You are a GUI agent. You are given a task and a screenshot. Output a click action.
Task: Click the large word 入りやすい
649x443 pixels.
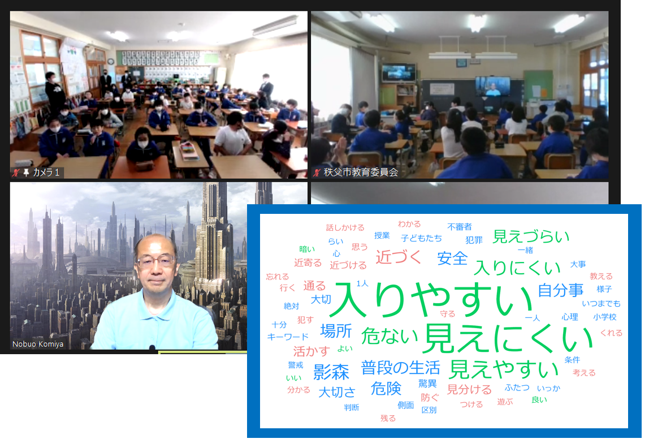point(432,299)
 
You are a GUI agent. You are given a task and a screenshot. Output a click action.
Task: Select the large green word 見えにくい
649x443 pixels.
point(509,338)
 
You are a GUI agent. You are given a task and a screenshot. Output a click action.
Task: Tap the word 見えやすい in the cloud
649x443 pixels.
point(504,369)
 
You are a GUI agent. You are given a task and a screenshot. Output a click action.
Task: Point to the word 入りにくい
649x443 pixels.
point(517,268)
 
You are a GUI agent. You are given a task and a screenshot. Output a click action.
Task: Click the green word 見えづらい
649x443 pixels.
point(531,236)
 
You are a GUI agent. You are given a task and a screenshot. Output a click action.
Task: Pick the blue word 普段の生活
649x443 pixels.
point(400,368)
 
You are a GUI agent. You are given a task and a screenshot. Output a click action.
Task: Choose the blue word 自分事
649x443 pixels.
point(560,290)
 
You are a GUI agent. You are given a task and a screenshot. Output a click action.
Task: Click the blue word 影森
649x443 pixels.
point(331,372)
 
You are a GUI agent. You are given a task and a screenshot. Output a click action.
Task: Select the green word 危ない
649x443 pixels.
point(390,336)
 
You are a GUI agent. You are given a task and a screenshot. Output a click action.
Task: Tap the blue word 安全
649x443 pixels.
point(452,258)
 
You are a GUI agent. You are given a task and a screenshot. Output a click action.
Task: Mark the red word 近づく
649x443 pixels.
point(398,257)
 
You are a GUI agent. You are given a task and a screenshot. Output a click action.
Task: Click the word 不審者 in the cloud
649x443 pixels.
point(460,227)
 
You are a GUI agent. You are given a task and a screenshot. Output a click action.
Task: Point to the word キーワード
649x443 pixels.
point(288,337)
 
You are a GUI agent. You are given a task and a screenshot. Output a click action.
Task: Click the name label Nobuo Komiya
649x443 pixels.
point(38,344)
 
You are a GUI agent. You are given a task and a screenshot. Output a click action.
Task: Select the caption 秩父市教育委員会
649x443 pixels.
point(361,172)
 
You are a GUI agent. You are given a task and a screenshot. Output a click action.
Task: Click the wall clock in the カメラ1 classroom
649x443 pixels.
point(110,61)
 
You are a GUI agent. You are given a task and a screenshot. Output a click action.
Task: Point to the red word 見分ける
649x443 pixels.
point(469,390)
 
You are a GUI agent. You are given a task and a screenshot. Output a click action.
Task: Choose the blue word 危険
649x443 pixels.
point(386,388)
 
